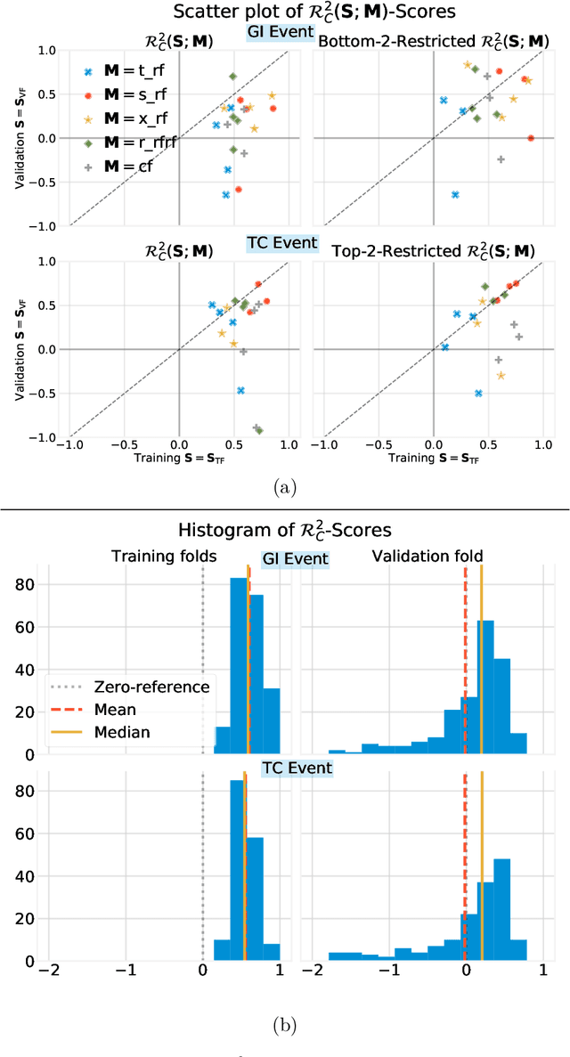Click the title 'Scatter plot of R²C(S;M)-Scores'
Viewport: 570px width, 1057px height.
[x=285, y=13]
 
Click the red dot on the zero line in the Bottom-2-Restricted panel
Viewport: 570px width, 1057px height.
[x=531, y=138]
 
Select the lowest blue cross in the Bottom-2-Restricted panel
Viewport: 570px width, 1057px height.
[x=455, y=194]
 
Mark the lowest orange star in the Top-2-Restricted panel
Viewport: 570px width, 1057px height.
[x=501, y=376]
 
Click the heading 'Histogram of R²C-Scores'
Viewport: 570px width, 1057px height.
[x=285, y=532]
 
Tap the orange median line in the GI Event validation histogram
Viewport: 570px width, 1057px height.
[x=481, y=659]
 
